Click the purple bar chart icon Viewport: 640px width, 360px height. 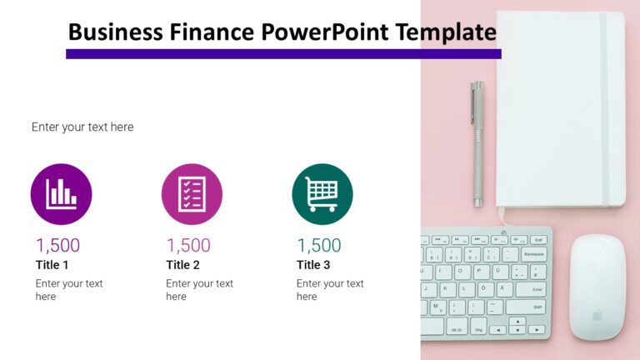(x=61, y=194)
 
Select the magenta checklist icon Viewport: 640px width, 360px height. (x=192, y=194)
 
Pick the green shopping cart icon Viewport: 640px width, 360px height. (x=322, y=194)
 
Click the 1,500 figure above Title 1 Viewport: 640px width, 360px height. (x=57, y=245)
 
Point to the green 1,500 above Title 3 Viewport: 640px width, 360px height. (x=319, y=245)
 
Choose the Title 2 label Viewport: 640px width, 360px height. (x=183, y=265)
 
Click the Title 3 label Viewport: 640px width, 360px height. (x=313, y=265)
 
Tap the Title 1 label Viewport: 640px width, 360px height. (x=52, y=265)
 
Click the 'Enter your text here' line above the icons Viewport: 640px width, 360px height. (x=82, y=127)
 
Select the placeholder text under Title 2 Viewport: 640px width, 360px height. (x=199, y=290)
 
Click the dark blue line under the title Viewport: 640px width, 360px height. (x=283, y=54)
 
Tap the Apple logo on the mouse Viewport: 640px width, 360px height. (x=597, y=315)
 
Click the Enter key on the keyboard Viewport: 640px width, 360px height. (x=533, y=289)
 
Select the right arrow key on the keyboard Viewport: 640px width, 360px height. (x=537, y=329)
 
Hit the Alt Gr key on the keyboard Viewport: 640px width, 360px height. (x=457, y=329)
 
